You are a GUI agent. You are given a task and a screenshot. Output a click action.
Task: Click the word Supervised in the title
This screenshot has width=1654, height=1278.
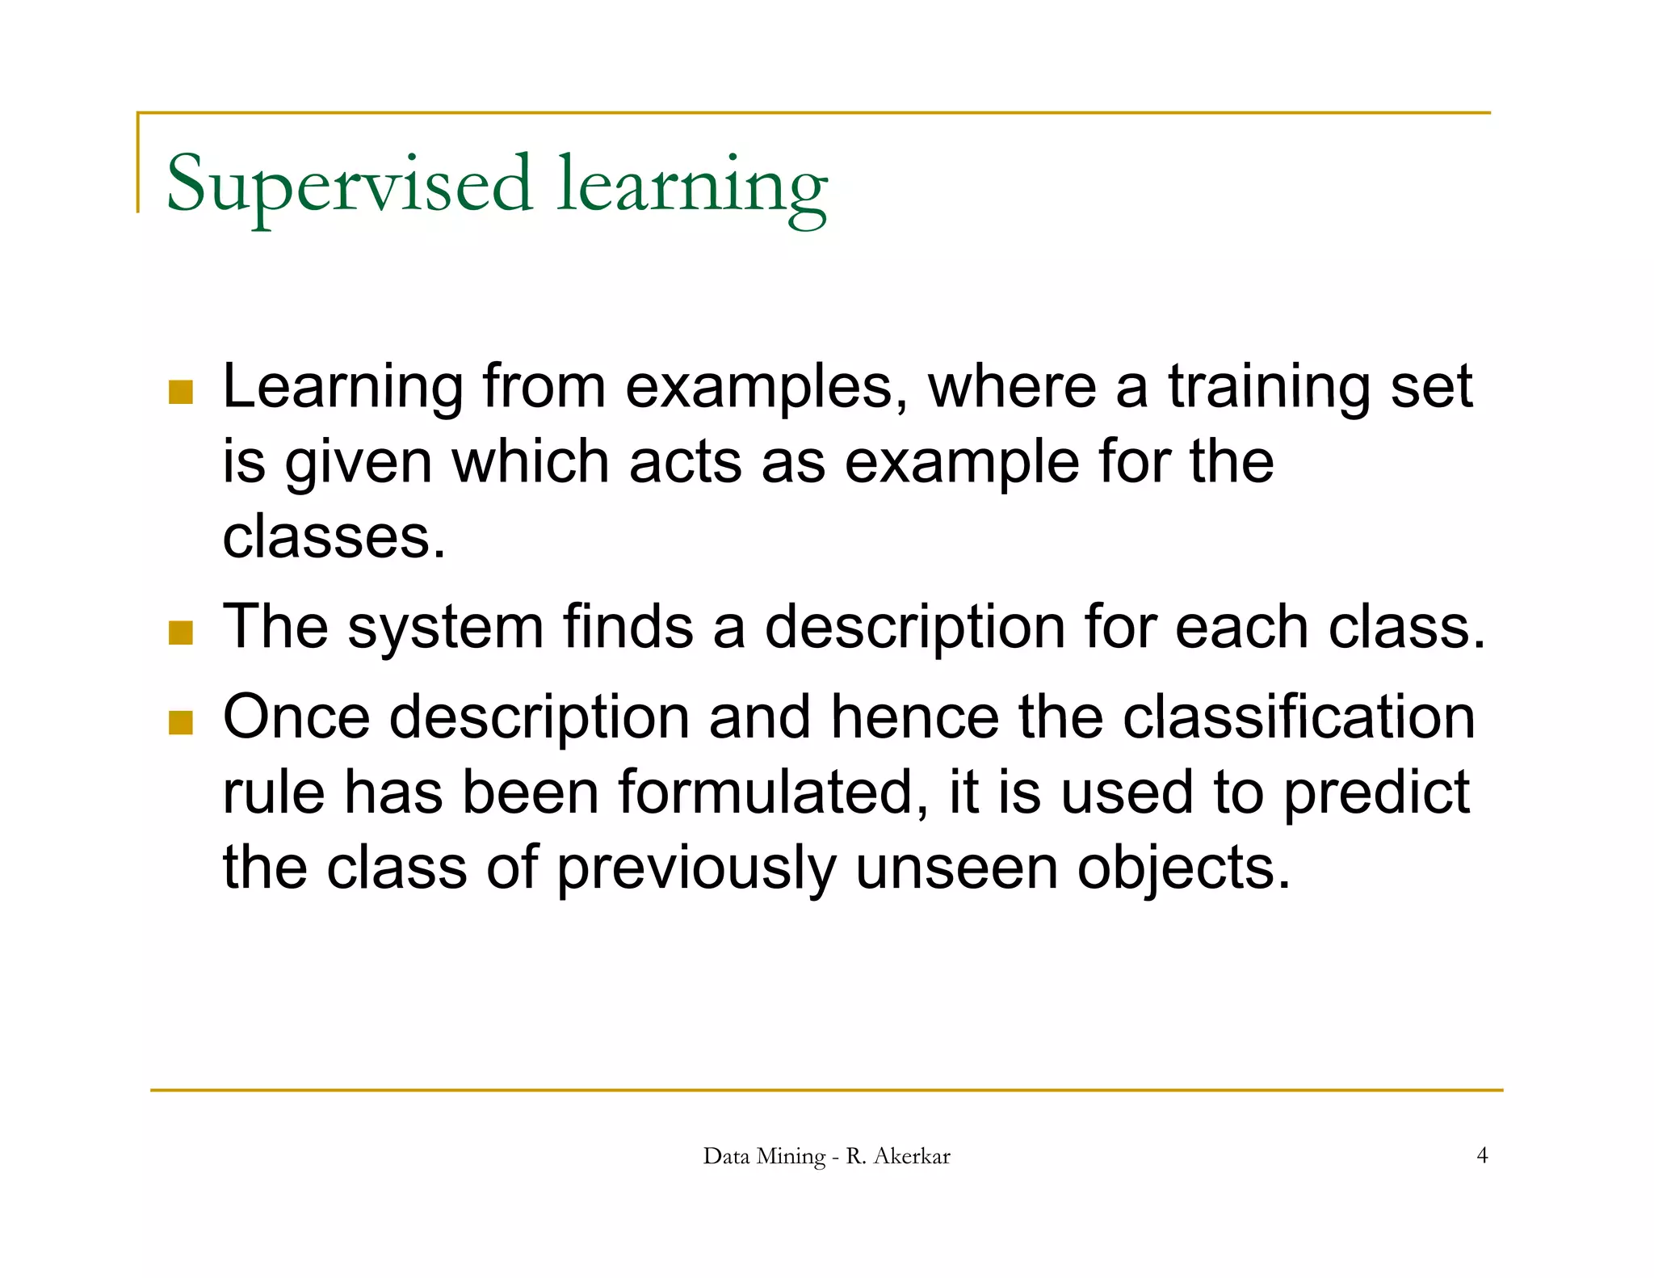(349, 184)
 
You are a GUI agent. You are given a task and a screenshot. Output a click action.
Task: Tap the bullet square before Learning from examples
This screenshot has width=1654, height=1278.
(181, 392)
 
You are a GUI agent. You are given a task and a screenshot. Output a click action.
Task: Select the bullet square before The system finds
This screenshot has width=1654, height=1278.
(181, 633)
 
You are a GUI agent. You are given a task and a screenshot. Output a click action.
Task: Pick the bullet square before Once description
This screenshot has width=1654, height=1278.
(181, 722)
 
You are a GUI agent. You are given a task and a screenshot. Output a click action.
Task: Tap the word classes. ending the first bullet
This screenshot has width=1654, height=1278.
(334, 537)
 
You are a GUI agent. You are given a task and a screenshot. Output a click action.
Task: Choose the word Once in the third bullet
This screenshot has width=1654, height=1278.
(296, 717)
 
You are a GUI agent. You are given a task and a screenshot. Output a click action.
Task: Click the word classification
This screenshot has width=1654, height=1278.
(1299, 717)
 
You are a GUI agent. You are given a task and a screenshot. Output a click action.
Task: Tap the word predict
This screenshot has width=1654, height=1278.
(1376, 792)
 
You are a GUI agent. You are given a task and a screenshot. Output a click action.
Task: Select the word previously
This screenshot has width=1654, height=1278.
(696, 868)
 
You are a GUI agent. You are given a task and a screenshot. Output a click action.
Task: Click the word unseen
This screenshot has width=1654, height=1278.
(956, 868)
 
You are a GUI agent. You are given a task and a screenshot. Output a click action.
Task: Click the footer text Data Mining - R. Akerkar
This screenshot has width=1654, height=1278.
(826, 1156)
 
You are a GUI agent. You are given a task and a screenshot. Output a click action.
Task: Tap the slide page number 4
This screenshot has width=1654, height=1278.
(1482, 1155)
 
